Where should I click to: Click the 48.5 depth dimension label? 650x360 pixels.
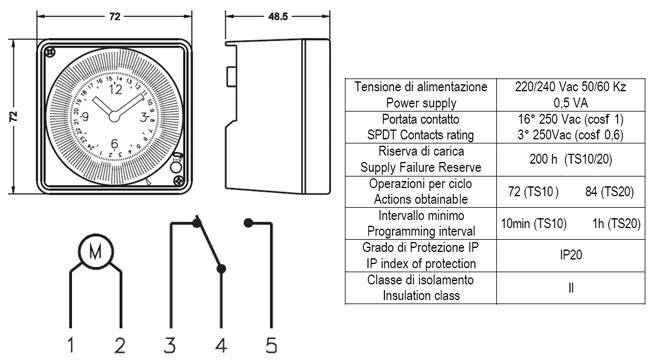click(x=278, y=17)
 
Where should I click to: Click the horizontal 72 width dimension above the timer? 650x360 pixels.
click(x=115, y=17)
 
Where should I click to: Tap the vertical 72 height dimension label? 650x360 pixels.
click(x=14, y=117)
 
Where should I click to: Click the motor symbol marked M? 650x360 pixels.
click(x=96, y=251)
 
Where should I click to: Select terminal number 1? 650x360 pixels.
click(x=71, y=345)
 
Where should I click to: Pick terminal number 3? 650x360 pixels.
click(x=170, y=345)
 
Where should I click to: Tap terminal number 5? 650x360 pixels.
click(x=271, y=345)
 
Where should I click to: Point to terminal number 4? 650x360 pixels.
click(x=221, y=345)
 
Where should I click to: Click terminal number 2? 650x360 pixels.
click(x=120, y=345)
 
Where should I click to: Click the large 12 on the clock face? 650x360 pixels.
click(x=116, y=90)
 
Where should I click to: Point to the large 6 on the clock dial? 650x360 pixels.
click(x=114, y=144)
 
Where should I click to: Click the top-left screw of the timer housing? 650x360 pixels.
click(x=50, y=52)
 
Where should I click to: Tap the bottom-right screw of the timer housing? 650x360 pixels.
click(x=179, y=180)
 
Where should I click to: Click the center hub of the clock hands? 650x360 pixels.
click(x=114, y=117)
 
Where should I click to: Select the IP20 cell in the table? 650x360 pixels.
click(x=571, y=255)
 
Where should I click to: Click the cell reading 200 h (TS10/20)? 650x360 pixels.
click(x=571, y=159)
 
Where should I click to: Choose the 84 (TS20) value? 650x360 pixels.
click(x=609, y=192)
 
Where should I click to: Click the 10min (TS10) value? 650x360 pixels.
click(x=534, y=224)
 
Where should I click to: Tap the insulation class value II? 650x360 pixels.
click(x=571, y=287)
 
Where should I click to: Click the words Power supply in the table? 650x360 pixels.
click(x=421, y=103)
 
